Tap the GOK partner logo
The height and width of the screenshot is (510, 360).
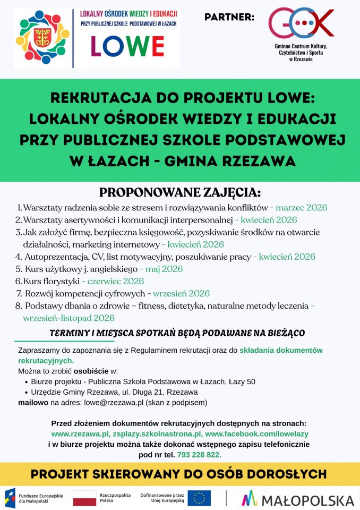[301, 23]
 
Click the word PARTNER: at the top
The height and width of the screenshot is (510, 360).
[229, 18]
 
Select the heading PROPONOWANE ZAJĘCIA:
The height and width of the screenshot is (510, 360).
[180, 192]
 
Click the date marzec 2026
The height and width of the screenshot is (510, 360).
[302, 207]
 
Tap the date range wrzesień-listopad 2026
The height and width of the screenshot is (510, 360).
[69, 318]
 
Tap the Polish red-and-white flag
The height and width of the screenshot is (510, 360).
[84, 498]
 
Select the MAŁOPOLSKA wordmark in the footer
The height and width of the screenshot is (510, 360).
[298, 499]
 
